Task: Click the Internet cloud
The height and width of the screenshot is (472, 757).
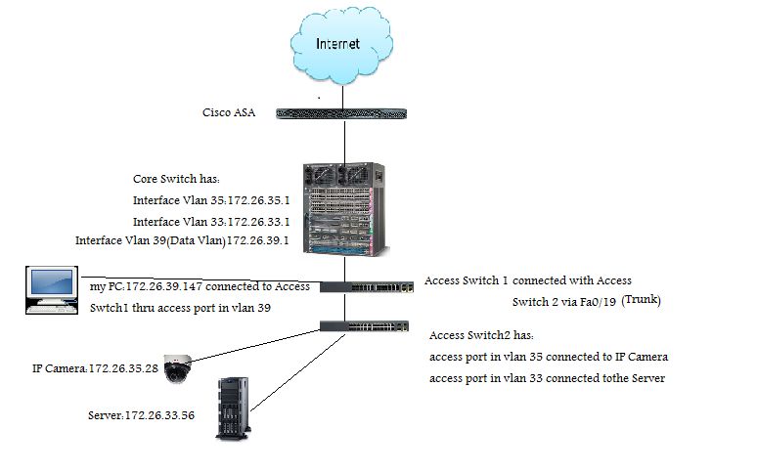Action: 338,45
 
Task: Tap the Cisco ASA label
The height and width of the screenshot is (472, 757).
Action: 229,113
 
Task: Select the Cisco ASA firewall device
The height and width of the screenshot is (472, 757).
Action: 341,113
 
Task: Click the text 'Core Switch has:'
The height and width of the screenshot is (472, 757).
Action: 177,180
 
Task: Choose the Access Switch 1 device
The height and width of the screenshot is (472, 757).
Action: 367,286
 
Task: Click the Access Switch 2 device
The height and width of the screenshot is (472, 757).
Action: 367,326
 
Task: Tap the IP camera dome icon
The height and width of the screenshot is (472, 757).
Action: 178,367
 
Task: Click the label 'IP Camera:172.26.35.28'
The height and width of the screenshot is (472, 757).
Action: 87,368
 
